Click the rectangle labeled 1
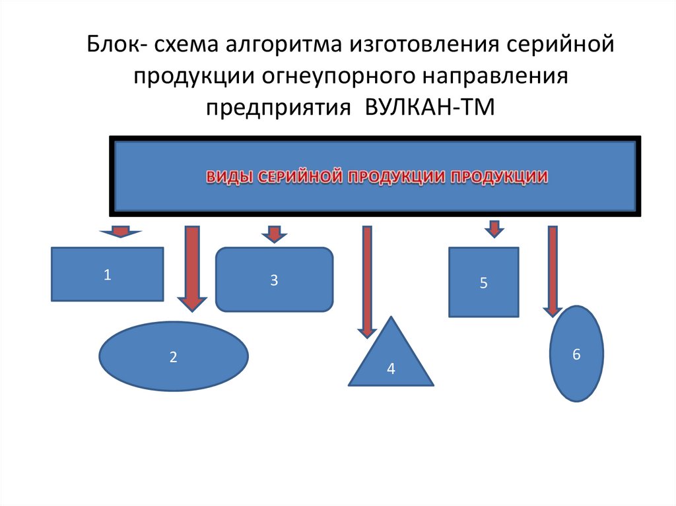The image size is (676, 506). point(107,274)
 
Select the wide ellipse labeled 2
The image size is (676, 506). point(174,356)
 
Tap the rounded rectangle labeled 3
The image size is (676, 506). point(274,280)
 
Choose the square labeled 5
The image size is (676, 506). point(483,282)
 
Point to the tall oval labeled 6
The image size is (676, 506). point(576,354)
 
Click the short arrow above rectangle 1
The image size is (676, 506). point(120,232)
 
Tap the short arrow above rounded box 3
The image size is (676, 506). point(275,234)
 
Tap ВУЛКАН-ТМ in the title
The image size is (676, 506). point(429,107)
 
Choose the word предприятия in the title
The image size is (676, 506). point(277,107)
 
